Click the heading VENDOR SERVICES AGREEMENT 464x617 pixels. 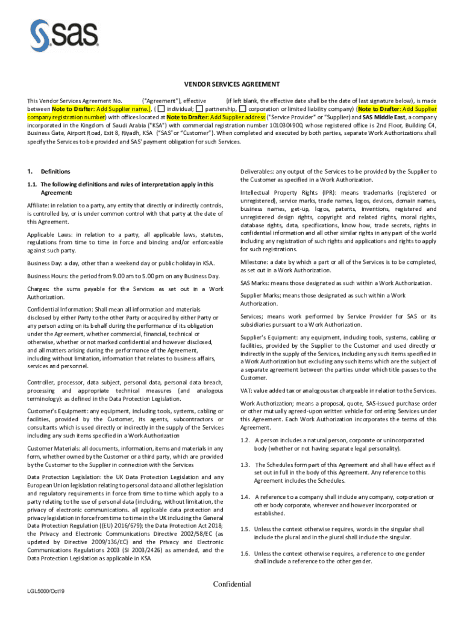231,84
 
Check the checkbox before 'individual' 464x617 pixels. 161,108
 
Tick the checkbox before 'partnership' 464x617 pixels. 199,108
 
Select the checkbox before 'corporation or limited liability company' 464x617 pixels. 242,108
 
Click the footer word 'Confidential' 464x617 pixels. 232,584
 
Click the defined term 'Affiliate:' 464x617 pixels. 40,206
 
